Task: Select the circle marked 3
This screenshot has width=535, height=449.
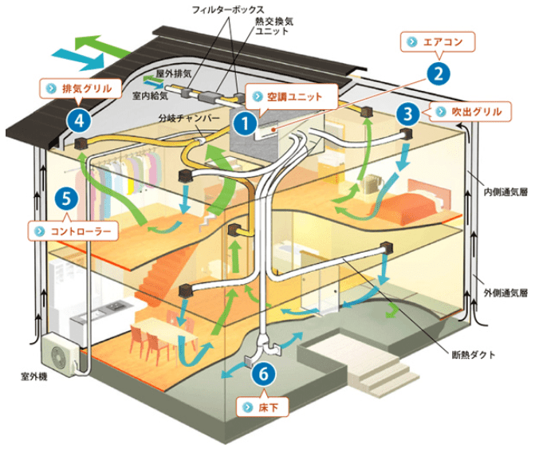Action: [408, 112]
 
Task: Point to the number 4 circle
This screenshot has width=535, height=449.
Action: [79, 120]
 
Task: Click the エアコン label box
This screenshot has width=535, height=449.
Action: [439, 41]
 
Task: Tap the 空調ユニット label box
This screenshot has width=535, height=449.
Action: [289, 96]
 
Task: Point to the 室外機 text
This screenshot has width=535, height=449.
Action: [33, 374]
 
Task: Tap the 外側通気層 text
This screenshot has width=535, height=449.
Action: [502, 293]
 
